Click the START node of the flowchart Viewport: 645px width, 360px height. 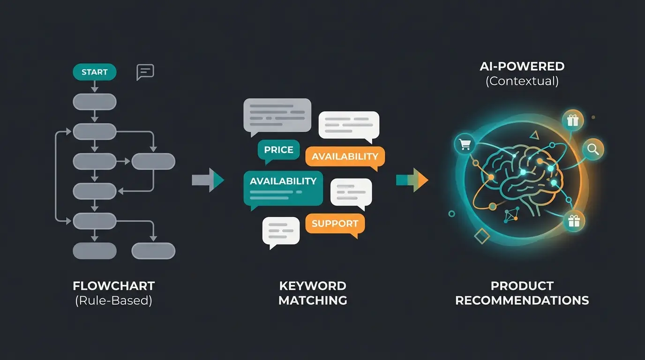point(94,72)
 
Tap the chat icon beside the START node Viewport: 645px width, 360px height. point(145,72)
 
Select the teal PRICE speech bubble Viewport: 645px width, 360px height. point(278,150)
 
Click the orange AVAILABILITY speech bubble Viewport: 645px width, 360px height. point(345,157)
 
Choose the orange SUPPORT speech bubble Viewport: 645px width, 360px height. point(335,224)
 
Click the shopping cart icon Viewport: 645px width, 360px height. point(465,145)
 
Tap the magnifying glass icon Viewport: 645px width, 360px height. point(593,150)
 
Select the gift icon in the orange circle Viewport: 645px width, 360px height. point(572,120)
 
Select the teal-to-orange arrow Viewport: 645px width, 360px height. point(412,180)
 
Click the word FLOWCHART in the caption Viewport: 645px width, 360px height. point(114,286)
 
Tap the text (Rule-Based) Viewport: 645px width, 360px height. point(114,300)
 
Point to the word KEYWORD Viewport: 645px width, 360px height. point(313,286)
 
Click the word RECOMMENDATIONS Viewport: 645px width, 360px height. point(522,300)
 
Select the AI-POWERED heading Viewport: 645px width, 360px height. point(522,67)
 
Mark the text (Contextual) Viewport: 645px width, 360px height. point(522,81)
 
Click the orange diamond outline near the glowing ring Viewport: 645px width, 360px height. point(482,236)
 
